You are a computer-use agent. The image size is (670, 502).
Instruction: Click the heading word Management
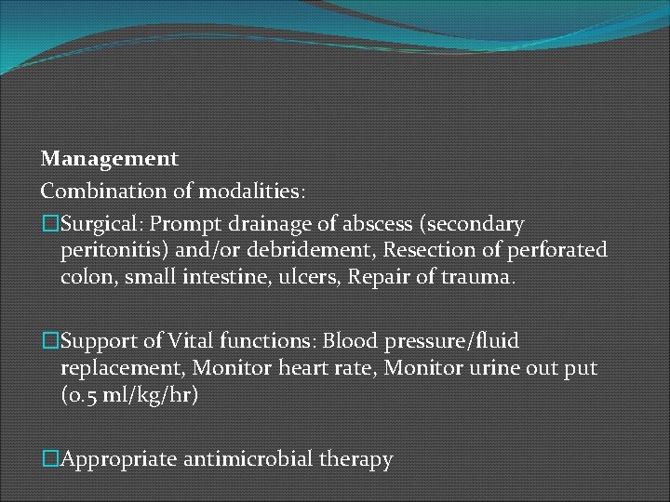point(110,159)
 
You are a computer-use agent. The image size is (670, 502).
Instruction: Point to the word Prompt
point(183,224)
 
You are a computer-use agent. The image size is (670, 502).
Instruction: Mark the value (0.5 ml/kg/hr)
point(130,395)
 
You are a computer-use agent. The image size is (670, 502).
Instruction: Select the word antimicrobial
point(248,458)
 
